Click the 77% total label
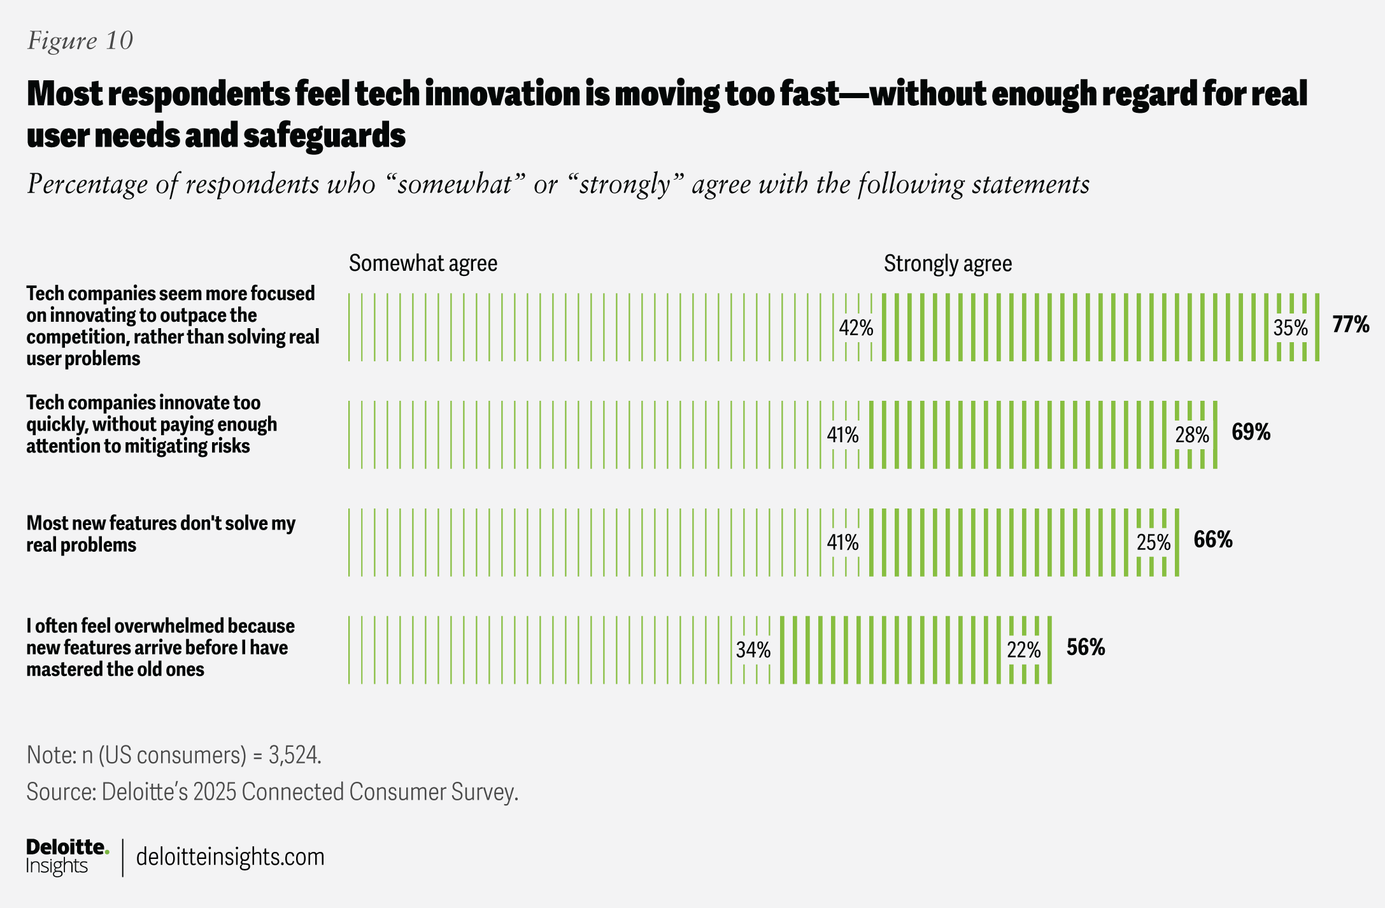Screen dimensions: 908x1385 point(1351,325)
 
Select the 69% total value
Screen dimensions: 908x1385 point(1251,433)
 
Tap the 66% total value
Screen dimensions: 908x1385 point(1213,540)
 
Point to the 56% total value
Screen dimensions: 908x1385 point(1086,648)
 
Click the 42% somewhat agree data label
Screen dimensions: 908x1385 point(856,328)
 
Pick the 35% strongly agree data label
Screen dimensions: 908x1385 point(1290,328)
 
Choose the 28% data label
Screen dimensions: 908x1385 point(1192,435)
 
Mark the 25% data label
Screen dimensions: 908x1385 point(1154,543)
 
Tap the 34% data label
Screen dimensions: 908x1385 point(753,650)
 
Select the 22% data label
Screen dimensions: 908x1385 point(1024,650)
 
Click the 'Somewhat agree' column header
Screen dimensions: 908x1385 point(423,263)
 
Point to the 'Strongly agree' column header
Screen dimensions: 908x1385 point(948,263)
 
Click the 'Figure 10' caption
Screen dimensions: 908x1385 point(80,41)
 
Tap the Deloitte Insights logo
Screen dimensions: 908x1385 point(67,856)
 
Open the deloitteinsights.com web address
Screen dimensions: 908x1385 point(230,857)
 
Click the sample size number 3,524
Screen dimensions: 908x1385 point(294,755)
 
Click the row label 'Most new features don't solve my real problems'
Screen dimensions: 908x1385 point(160,534)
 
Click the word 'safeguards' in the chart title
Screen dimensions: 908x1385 point(324,136)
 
